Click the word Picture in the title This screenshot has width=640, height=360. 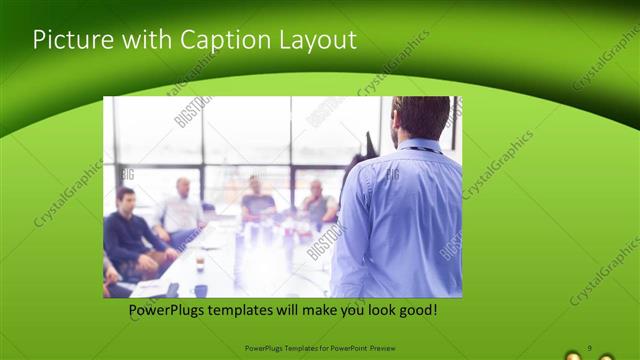(x=66, y=40)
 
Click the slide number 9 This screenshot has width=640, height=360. (x=589, y=347)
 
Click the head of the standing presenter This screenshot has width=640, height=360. (x=421, y=118)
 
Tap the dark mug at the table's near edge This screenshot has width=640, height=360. (x=200, y=290)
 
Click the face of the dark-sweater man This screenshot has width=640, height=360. (x=126, y=197)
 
